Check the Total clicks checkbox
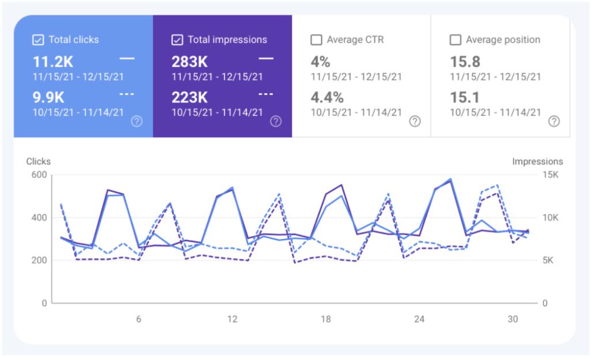38,40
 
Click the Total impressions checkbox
177,40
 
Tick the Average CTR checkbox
316,40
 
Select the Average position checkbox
455,40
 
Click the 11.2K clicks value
53,62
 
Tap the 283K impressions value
190,62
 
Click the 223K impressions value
190,98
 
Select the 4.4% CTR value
327,98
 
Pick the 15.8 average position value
465,62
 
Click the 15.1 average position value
465,98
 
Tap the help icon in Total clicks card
136,121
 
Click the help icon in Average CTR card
415,121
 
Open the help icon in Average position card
554,121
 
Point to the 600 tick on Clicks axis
39,175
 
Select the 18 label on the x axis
326,320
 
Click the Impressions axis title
537,162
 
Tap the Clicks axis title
39,162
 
